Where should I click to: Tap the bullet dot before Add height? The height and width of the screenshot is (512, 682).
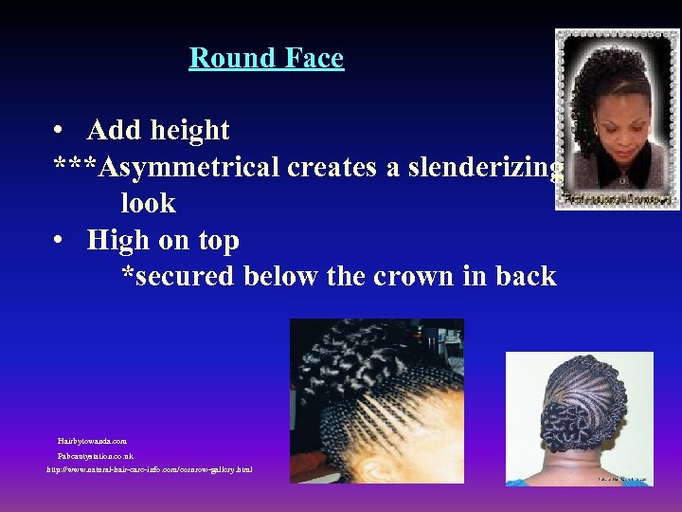[x=59, y=130]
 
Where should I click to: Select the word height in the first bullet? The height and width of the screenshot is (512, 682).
[x=186, y=130]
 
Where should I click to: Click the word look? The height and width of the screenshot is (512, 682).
[x=148, y=203]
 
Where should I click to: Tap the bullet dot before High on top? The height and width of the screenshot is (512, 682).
[x=59, y=241]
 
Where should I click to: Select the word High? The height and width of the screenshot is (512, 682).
[x=117, y=241]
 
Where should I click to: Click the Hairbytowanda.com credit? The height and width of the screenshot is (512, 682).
[x=92, y=441]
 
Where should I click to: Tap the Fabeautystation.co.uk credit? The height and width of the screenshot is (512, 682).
[x=96, y=456]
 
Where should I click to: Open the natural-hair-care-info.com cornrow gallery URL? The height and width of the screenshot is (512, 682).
[x=150, y=470]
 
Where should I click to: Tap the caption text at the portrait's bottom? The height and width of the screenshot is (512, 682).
[x=618, y=199]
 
